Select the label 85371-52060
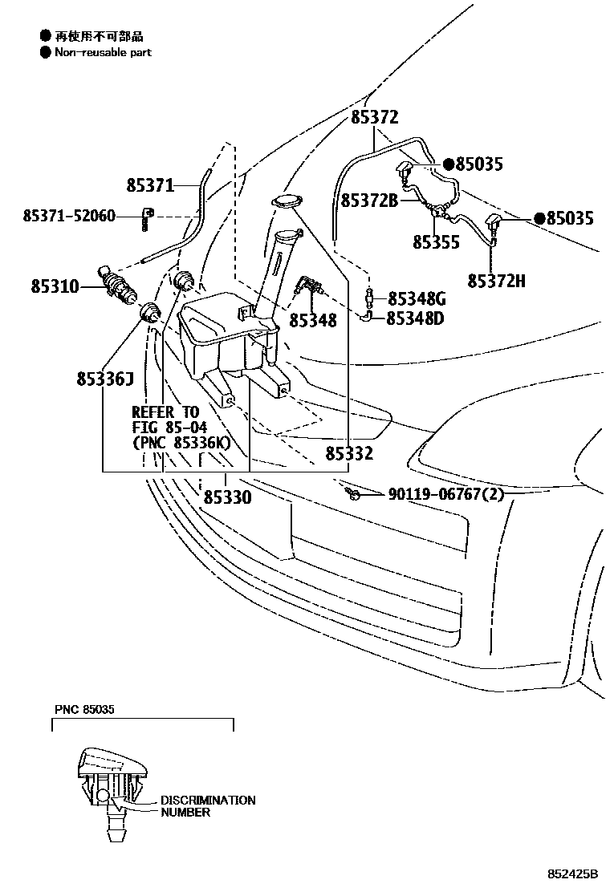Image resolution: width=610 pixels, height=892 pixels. click(x=69, y=216)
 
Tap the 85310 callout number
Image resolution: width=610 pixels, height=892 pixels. click(x=55, y=285)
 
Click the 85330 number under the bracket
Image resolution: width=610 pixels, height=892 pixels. click(x=227, y=497)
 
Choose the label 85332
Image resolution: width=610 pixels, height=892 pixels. click(x=349, y=454)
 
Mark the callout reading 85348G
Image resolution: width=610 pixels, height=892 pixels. click(x=416, y=298)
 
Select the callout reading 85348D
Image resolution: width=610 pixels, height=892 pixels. click(x=416, y=318)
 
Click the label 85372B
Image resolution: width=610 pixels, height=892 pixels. click(x=369, y=201)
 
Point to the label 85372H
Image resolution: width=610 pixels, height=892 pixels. click(x=497, y=281)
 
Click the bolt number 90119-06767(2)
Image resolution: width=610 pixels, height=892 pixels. click(x=446, y=494)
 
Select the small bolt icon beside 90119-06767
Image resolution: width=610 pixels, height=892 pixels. click(x=351, y=493)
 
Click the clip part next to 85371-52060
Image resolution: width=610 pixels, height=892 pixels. click(x=147, y=217)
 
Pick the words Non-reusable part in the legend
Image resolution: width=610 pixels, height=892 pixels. click(x=103, y=52)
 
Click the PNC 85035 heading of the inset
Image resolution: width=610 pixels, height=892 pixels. click(x=85, y=710)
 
